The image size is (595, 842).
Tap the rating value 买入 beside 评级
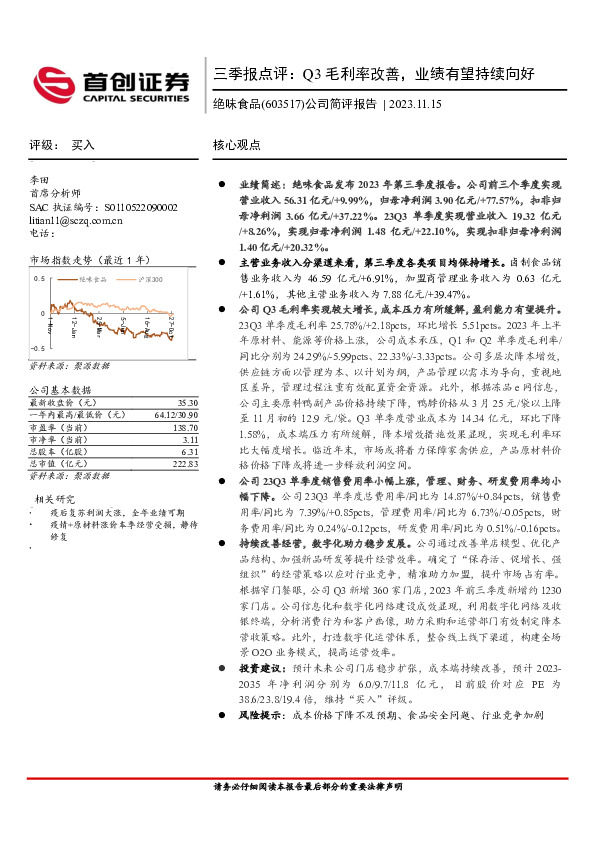click(83, 145)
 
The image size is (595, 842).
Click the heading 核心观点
click(237, 145)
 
